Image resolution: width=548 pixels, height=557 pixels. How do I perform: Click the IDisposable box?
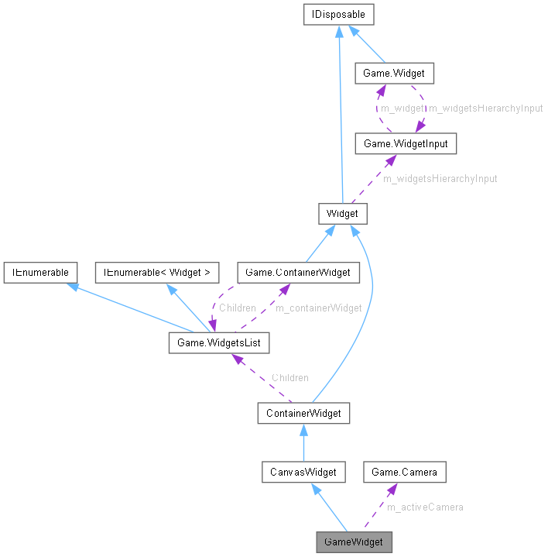pos(338,14)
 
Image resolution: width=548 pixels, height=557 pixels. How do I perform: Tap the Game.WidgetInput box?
pos(399,143)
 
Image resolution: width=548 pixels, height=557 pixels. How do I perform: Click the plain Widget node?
pos(342,213)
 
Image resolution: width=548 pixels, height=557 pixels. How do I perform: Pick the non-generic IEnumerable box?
pos(39,272)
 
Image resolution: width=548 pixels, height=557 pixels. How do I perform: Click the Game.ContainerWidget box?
pos(298,272)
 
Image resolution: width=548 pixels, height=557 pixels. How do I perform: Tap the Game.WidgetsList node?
pos(219,341)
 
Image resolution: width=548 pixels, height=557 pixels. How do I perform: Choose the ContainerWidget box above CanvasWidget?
pos(303,413)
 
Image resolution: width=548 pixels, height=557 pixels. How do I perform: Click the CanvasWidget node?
pos(303,471)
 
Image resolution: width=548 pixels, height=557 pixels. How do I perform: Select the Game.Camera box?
pos(405,471)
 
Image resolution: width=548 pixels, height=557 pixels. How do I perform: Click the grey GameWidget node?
pos(354,542)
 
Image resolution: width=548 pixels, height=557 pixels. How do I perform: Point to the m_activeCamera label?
pos(425,507)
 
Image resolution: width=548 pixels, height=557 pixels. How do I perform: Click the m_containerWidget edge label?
pos(319,308)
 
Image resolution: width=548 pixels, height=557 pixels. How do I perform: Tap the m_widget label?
pos(402,108)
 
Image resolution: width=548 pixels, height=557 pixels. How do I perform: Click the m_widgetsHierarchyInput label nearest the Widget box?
pos(440,178)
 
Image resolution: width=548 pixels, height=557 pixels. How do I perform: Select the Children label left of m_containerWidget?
pos(237,308)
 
